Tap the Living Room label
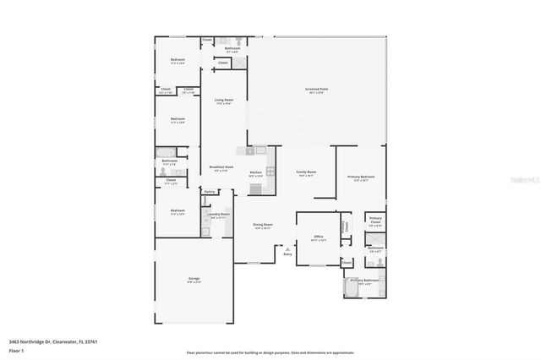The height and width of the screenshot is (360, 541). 223,102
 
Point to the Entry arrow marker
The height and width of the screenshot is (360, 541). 287,249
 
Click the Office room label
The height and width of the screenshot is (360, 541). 319,237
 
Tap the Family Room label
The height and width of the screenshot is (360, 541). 305,173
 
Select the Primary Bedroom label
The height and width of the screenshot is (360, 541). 361,177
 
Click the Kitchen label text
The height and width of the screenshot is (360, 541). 255,173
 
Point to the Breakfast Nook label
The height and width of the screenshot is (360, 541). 221,168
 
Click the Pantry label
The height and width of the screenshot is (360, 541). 209,192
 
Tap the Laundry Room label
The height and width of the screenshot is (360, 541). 219,215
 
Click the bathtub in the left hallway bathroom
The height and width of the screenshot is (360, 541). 162,152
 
